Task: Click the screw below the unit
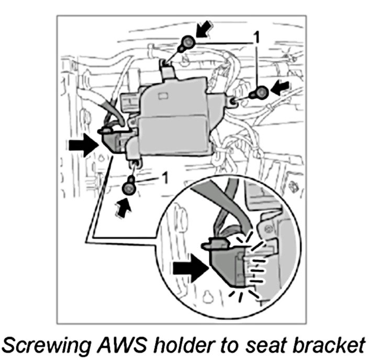pos(129,187)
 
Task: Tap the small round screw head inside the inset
pos(267,228)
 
